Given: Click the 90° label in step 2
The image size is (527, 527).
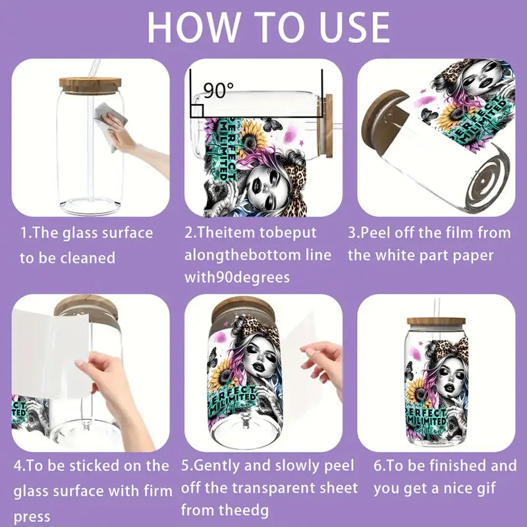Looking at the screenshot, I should click(214, 90).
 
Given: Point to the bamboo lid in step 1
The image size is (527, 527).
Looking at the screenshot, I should click(90, 84).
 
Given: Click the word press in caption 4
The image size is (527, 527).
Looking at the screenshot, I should click(32, 517).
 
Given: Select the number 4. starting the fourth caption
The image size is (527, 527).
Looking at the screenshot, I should click(20, 466).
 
